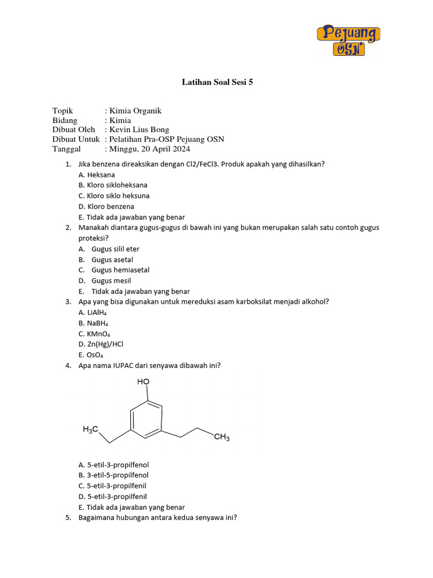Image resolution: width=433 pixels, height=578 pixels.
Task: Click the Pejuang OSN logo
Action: coord(348,40)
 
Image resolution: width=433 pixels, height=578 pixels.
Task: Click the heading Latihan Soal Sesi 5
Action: coord(218,82)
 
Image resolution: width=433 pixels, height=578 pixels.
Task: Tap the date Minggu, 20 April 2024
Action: coord(149,149)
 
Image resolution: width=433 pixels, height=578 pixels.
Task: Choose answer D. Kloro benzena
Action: coord(107,207)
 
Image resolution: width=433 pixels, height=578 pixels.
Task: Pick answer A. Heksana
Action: coord(97,175)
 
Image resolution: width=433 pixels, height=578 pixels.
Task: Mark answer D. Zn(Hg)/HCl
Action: coord(101,344)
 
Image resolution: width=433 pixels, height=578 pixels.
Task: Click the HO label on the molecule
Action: coord(143,382)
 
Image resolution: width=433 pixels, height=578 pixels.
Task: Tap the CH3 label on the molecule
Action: coord(222,437)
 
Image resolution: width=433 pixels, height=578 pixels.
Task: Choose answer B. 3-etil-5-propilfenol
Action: coord(114,475)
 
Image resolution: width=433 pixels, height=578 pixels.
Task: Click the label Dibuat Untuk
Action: coord(76,139)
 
